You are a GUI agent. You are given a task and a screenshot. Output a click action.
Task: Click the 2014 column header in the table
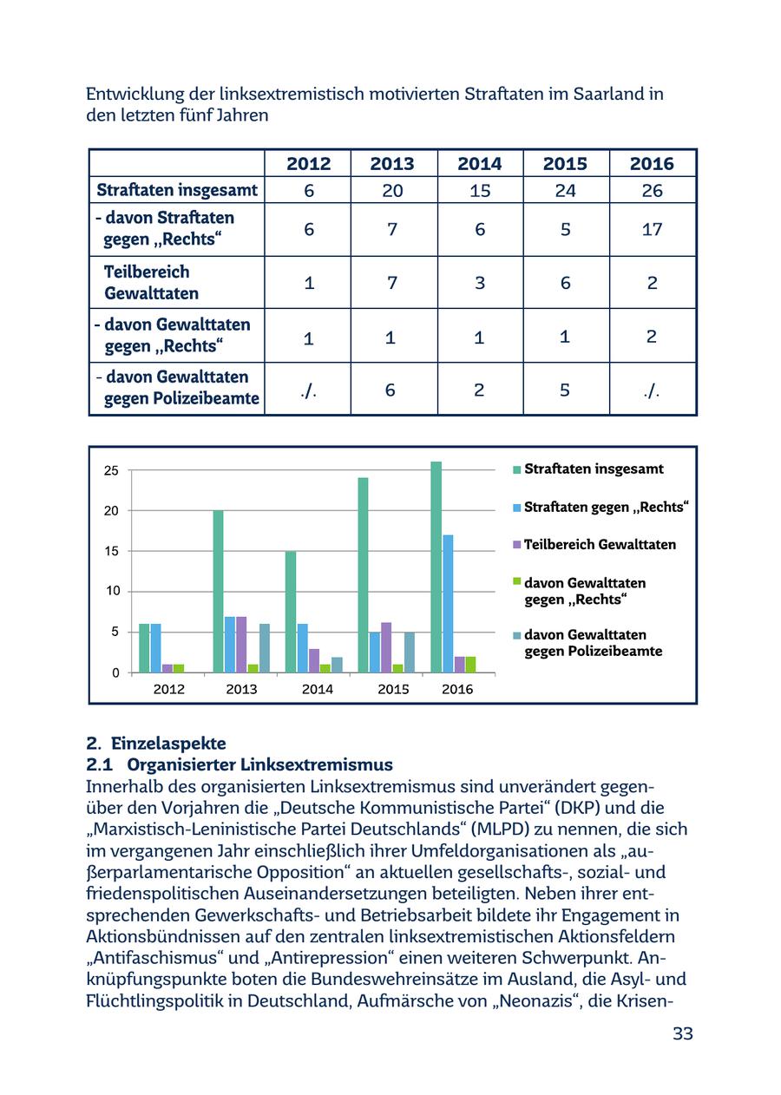click(x=479, y=163)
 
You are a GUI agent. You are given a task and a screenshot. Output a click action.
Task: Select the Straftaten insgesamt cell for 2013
click(x=392, y=191)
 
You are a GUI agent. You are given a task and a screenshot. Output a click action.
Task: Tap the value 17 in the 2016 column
click(x=652, y=229)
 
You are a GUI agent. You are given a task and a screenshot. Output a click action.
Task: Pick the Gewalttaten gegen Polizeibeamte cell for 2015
click(x=565, y=390)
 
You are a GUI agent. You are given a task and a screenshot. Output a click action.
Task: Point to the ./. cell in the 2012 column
click(x=308, y=390)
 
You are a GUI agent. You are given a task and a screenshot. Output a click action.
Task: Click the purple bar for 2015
click(x=386, y=647)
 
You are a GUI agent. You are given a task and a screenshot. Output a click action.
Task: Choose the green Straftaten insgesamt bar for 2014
click(x=291, y=612)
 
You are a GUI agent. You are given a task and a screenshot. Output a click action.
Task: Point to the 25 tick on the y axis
click(x=111, y=471)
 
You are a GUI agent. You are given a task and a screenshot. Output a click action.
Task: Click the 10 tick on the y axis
click(x=111, y=592)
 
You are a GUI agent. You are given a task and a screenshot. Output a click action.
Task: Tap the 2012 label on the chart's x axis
click(x=168, y=690)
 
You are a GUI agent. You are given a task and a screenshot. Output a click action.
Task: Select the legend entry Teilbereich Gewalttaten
click(x=599, y=545)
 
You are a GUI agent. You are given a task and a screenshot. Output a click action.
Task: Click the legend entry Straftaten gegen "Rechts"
click(x=605, y=507)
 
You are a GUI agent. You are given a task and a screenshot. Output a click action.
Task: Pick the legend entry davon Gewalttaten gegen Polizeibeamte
click(x=592, y=643)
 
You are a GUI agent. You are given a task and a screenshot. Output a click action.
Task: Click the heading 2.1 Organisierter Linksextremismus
click(x=240, y=765)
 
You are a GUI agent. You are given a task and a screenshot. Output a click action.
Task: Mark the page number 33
click(x=683, y=1033)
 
